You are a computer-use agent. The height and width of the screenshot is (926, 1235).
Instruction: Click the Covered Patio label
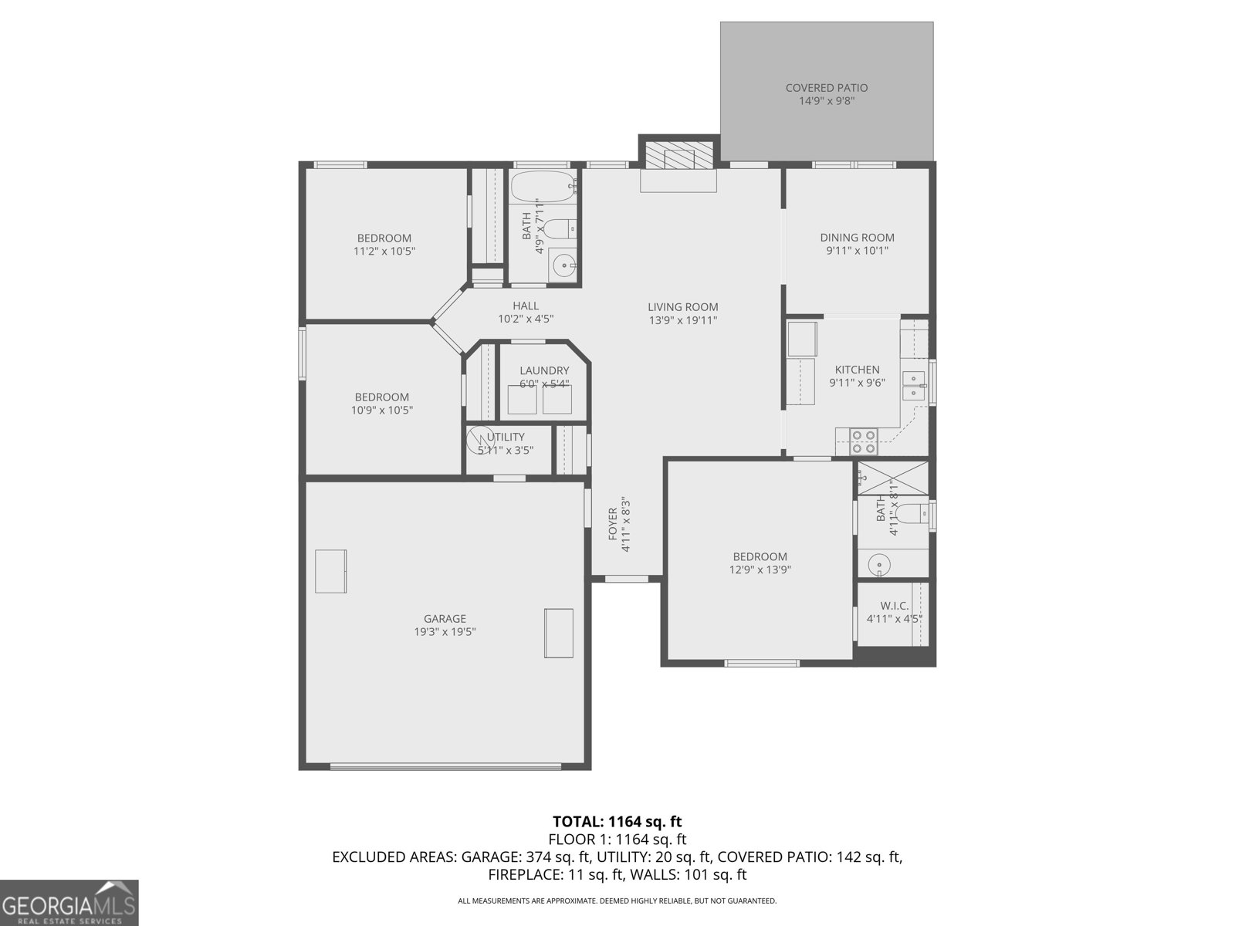coord(826,88)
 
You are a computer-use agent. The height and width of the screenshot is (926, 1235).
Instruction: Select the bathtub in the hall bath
coord(543,186)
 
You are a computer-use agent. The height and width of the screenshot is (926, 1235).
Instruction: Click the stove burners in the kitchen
coord(863,441)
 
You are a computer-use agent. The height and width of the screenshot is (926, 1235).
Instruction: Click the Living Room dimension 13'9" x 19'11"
coord(682,319)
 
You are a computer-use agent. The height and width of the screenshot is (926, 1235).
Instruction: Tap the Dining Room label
coord(857,238)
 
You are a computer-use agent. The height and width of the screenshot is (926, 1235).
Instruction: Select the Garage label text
coord(445,618)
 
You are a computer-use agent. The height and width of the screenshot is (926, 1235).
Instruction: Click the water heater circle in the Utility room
coord(481,439)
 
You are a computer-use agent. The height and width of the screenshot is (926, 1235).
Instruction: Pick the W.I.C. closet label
coord(894,606)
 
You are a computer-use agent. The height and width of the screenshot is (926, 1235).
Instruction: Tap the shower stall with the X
coord(892,476)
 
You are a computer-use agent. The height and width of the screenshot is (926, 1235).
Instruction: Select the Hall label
coord(526,306)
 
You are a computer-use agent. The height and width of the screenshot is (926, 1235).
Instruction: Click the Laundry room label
coord(544,370)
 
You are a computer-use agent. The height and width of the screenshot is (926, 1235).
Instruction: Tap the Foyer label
coord(613,523)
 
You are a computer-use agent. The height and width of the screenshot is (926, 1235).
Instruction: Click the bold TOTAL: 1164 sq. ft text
coord(617,821)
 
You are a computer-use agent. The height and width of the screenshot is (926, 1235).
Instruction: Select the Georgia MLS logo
coord(69,902)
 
